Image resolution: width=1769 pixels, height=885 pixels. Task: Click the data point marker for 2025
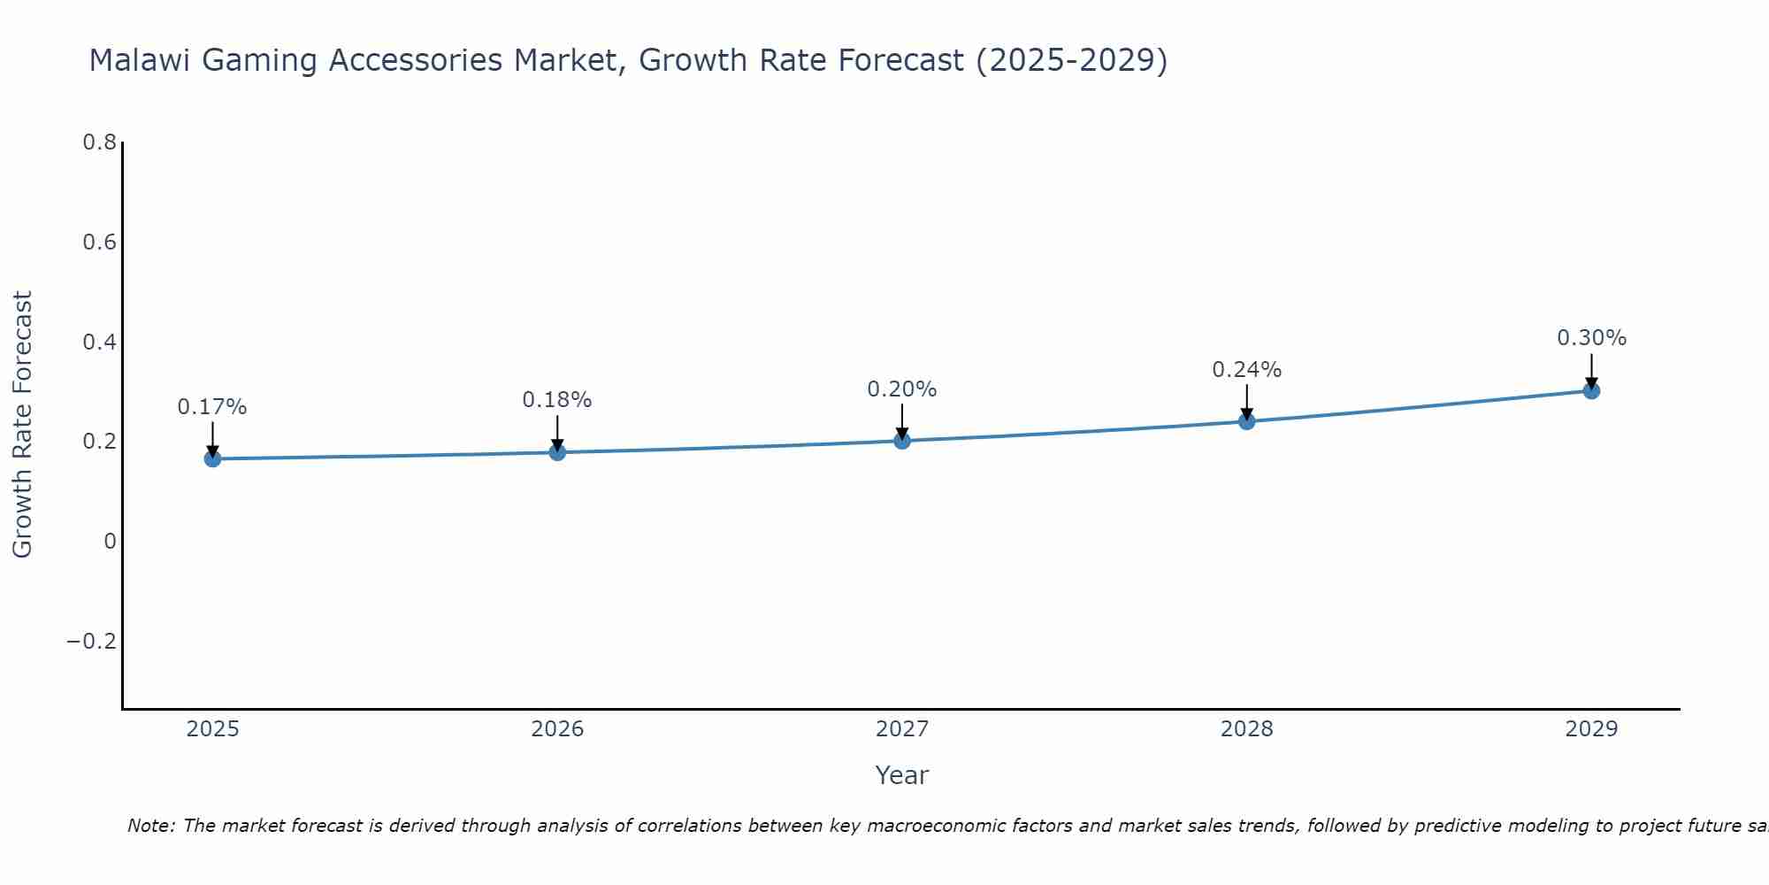212,458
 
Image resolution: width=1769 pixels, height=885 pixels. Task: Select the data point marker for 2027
902,441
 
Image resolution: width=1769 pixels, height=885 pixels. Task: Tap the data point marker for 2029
1591,390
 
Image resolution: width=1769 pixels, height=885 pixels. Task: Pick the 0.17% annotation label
212,407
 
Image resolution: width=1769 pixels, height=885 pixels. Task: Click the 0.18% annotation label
556,400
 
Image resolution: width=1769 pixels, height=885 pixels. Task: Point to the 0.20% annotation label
901,389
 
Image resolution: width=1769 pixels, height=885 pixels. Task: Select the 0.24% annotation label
1246,370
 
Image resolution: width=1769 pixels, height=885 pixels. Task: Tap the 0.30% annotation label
1591,338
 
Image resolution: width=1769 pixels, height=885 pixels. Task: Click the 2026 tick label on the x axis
557,729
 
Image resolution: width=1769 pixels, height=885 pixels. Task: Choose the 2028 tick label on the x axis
1246,729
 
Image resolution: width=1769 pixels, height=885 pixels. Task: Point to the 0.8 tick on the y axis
99,142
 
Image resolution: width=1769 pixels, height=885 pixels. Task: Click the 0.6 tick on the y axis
99,242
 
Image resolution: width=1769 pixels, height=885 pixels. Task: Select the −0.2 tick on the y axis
92,641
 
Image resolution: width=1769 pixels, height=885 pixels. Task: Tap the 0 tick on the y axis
110,541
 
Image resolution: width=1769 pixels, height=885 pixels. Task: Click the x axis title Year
901,775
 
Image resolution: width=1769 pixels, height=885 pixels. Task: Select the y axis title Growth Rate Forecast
22,425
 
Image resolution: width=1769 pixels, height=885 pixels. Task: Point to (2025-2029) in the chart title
1071,60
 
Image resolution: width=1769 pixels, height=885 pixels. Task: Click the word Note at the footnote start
150,826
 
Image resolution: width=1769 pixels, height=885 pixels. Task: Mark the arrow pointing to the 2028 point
1246,402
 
